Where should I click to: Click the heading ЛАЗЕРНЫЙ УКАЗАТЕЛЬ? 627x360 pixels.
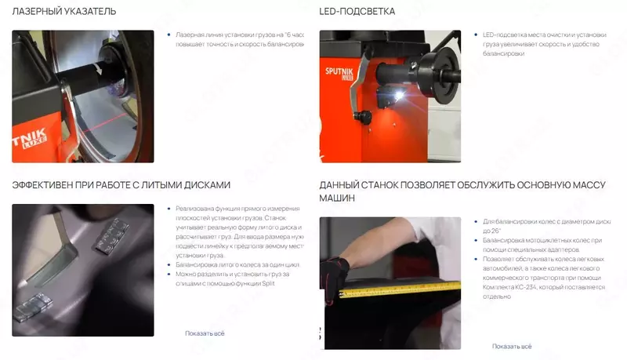click(64, 12)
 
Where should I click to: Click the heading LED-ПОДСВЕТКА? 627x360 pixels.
click(357, 12)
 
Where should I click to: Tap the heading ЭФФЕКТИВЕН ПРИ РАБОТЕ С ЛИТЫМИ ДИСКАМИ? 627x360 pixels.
click(121, 185)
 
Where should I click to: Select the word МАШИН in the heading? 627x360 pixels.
click(337, 199)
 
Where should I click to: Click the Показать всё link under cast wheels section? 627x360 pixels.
click(205, 333)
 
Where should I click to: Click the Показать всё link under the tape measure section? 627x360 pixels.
click(512, 346)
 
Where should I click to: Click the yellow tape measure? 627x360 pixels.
click(392, 293)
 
